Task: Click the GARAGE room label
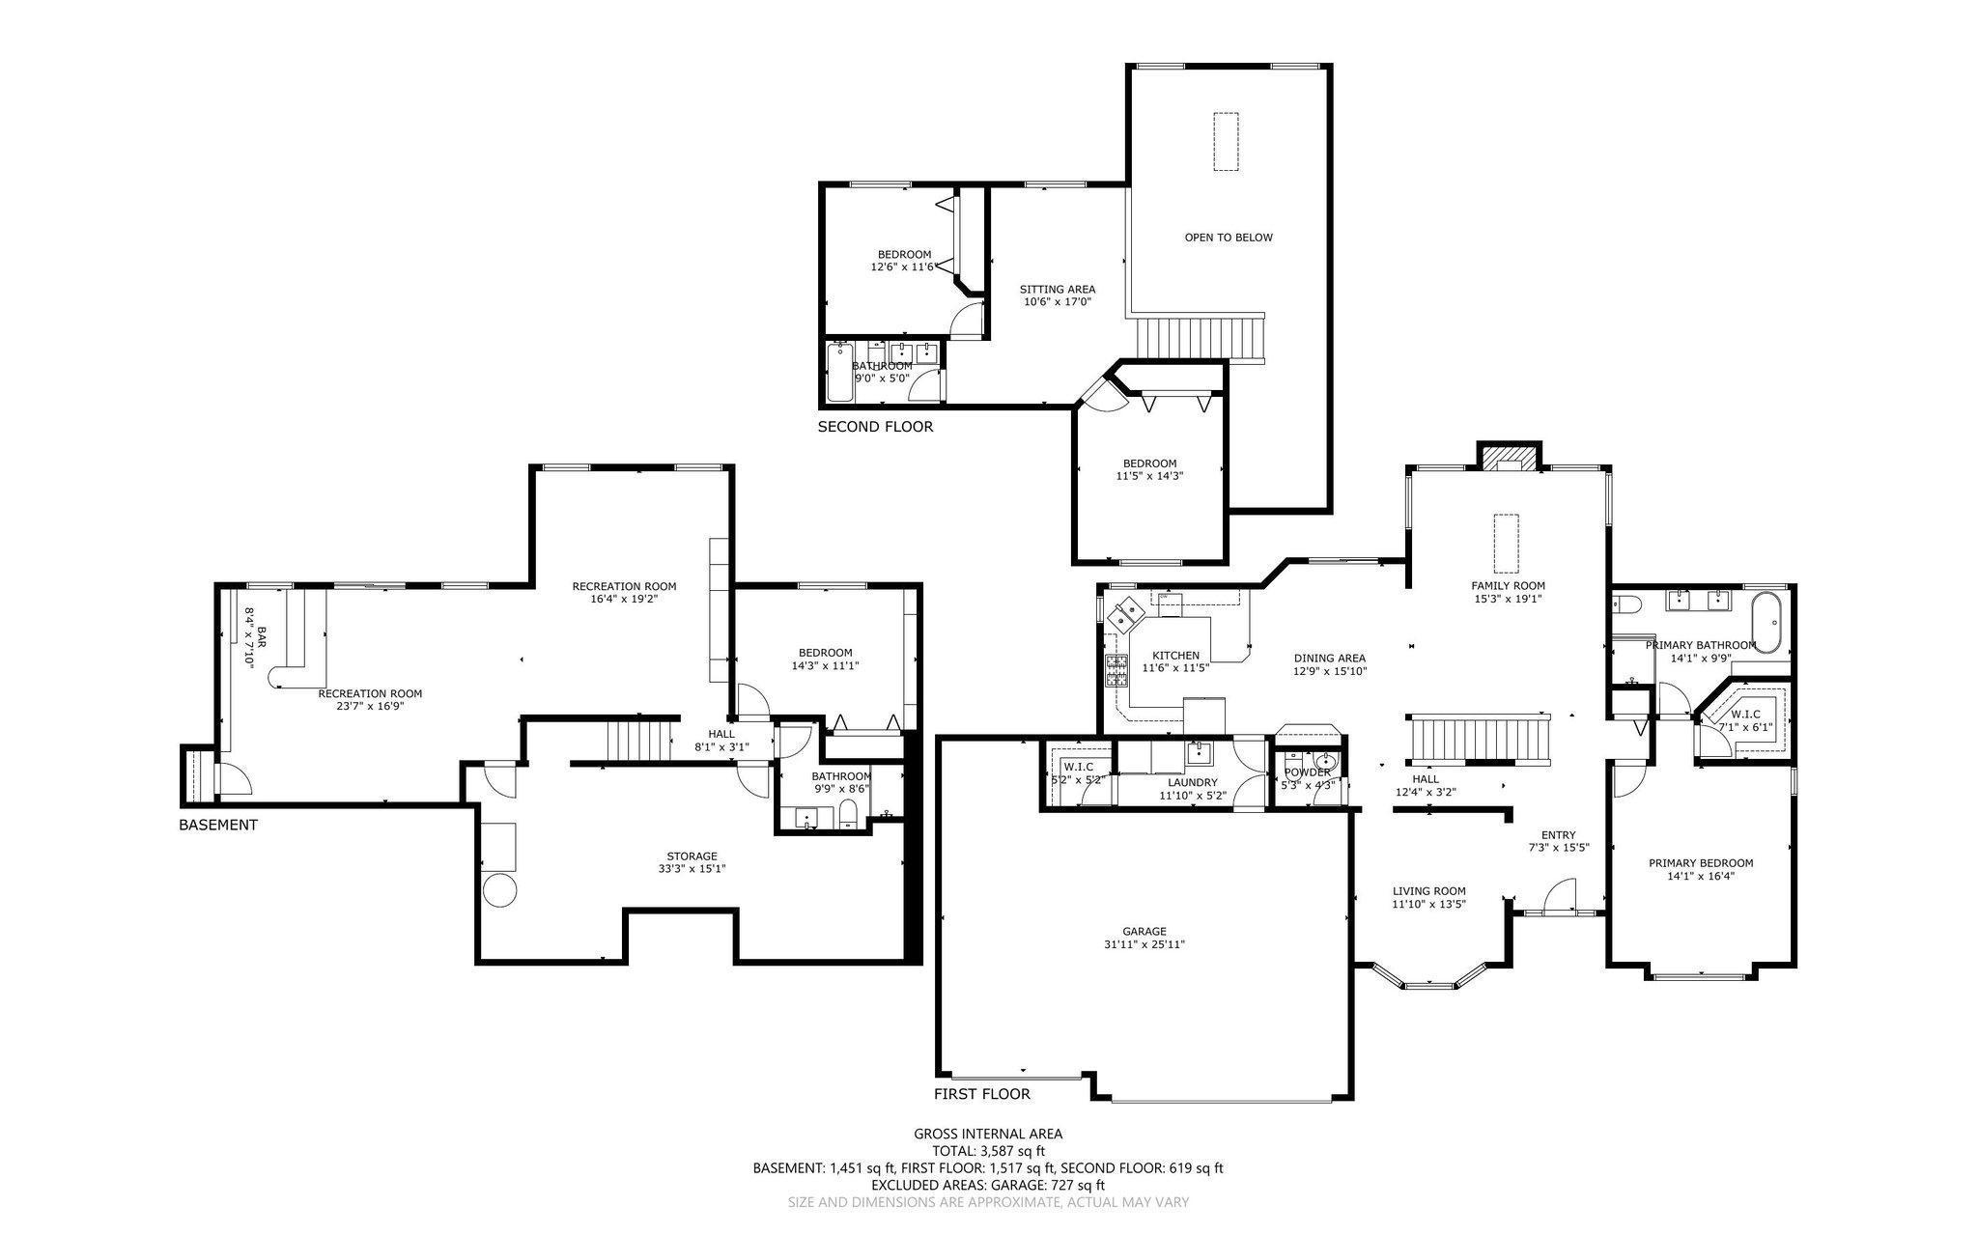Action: (x=1144, y=931)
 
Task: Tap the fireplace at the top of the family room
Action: (x=1508, y=458)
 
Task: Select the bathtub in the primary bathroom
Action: (x=1766, y=623)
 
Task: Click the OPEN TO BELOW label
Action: (x=1229, y=238)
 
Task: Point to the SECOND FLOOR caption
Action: (x=875, y=427)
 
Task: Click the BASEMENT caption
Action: (x=218, y=826)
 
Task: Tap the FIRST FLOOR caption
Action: (x=981, y=1094)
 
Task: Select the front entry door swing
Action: (x=1558, y=897)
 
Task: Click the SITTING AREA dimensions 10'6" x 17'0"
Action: (x=1058, y=302)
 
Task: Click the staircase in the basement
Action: (x=638, y=741)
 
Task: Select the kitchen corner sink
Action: (x=1126, y=612)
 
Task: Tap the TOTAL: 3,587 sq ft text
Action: (x=988, y=1151)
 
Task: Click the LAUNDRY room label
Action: (x=1192, y=782)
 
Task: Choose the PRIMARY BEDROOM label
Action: (x=1700, y=863)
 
